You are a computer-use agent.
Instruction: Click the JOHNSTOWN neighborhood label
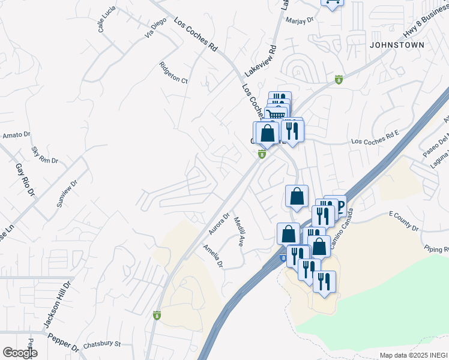[397, 45]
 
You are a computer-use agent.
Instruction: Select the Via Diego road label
[155, 28]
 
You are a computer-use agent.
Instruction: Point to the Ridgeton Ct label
[173, 73]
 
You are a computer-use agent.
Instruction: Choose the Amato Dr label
[12, 136]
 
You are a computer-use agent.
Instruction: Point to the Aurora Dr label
[219, 223]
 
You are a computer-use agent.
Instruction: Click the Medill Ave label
[238, 232]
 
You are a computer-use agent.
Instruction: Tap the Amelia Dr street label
[213, 256]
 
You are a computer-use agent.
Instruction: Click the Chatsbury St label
[102, 344]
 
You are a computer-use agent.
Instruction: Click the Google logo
[20, 353]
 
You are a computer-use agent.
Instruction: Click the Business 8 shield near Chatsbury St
[157, 315]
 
